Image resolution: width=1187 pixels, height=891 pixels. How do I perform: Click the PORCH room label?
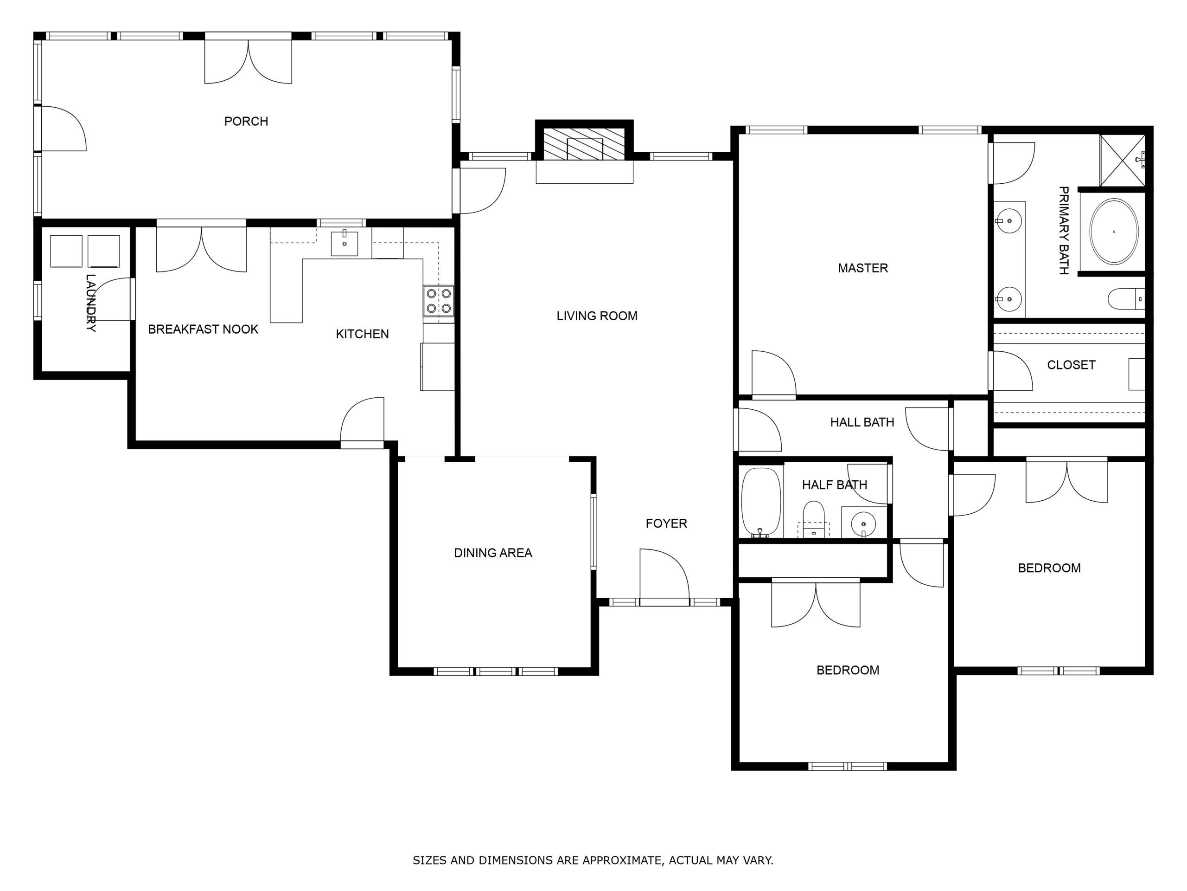246,122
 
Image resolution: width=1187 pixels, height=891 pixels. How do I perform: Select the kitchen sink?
344,243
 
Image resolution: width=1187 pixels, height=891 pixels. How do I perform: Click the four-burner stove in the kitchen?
439,301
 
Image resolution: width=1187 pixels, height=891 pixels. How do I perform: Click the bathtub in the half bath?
761,503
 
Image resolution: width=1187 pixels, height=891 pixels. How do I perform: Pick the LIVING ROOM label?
597,316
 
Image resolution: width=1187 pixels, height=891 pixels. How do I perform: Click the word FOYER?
666,523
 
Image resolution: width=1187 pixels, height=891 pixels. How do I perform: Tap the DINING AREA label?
492,553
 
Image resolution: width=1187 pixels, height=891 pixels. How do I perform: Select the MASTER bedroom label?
863,268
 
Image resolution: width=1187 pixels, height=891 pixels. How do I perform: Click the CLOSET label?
1071,365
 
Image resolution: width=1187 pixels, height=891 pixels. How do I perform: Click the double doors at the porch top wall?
248,59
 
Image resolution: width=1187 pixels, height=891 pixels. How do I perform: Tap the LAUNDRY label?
91,303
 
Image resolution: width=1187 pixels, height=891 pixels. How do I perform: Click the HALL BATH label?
862,422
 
